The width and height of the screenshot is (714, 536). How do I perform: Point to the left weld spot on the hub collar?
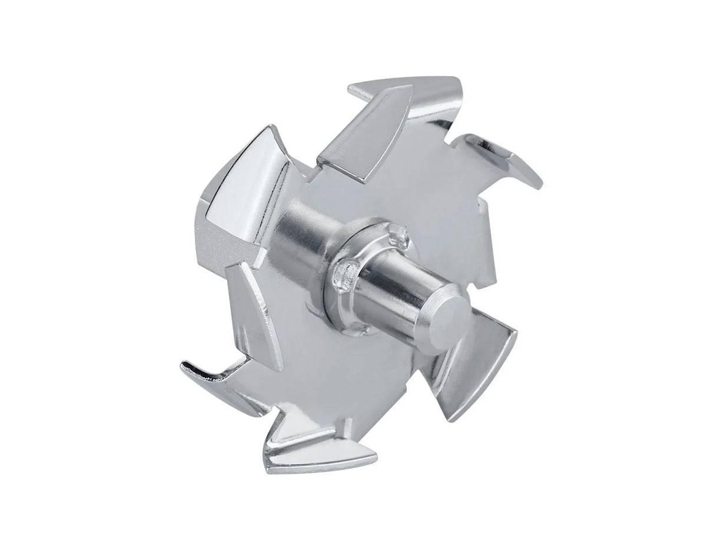click(x=344, y=272)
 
